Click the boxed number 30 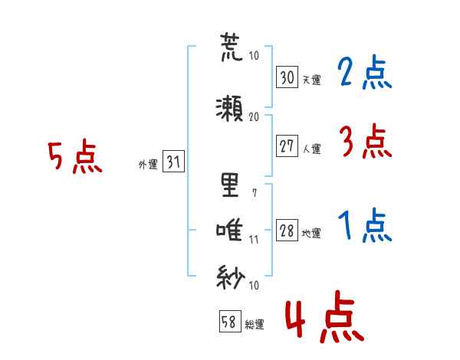point(287,77)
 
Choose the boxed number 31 point(173,162)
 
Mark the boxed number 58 point(229,322)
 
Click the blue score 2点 point(366,74)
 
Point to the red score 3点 point(366,142)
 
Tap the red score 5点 point(75,157)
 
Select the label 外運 point(148,164)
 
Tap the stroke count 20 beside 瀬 point(255,116)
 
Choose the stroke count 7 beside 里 point(254,192)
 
